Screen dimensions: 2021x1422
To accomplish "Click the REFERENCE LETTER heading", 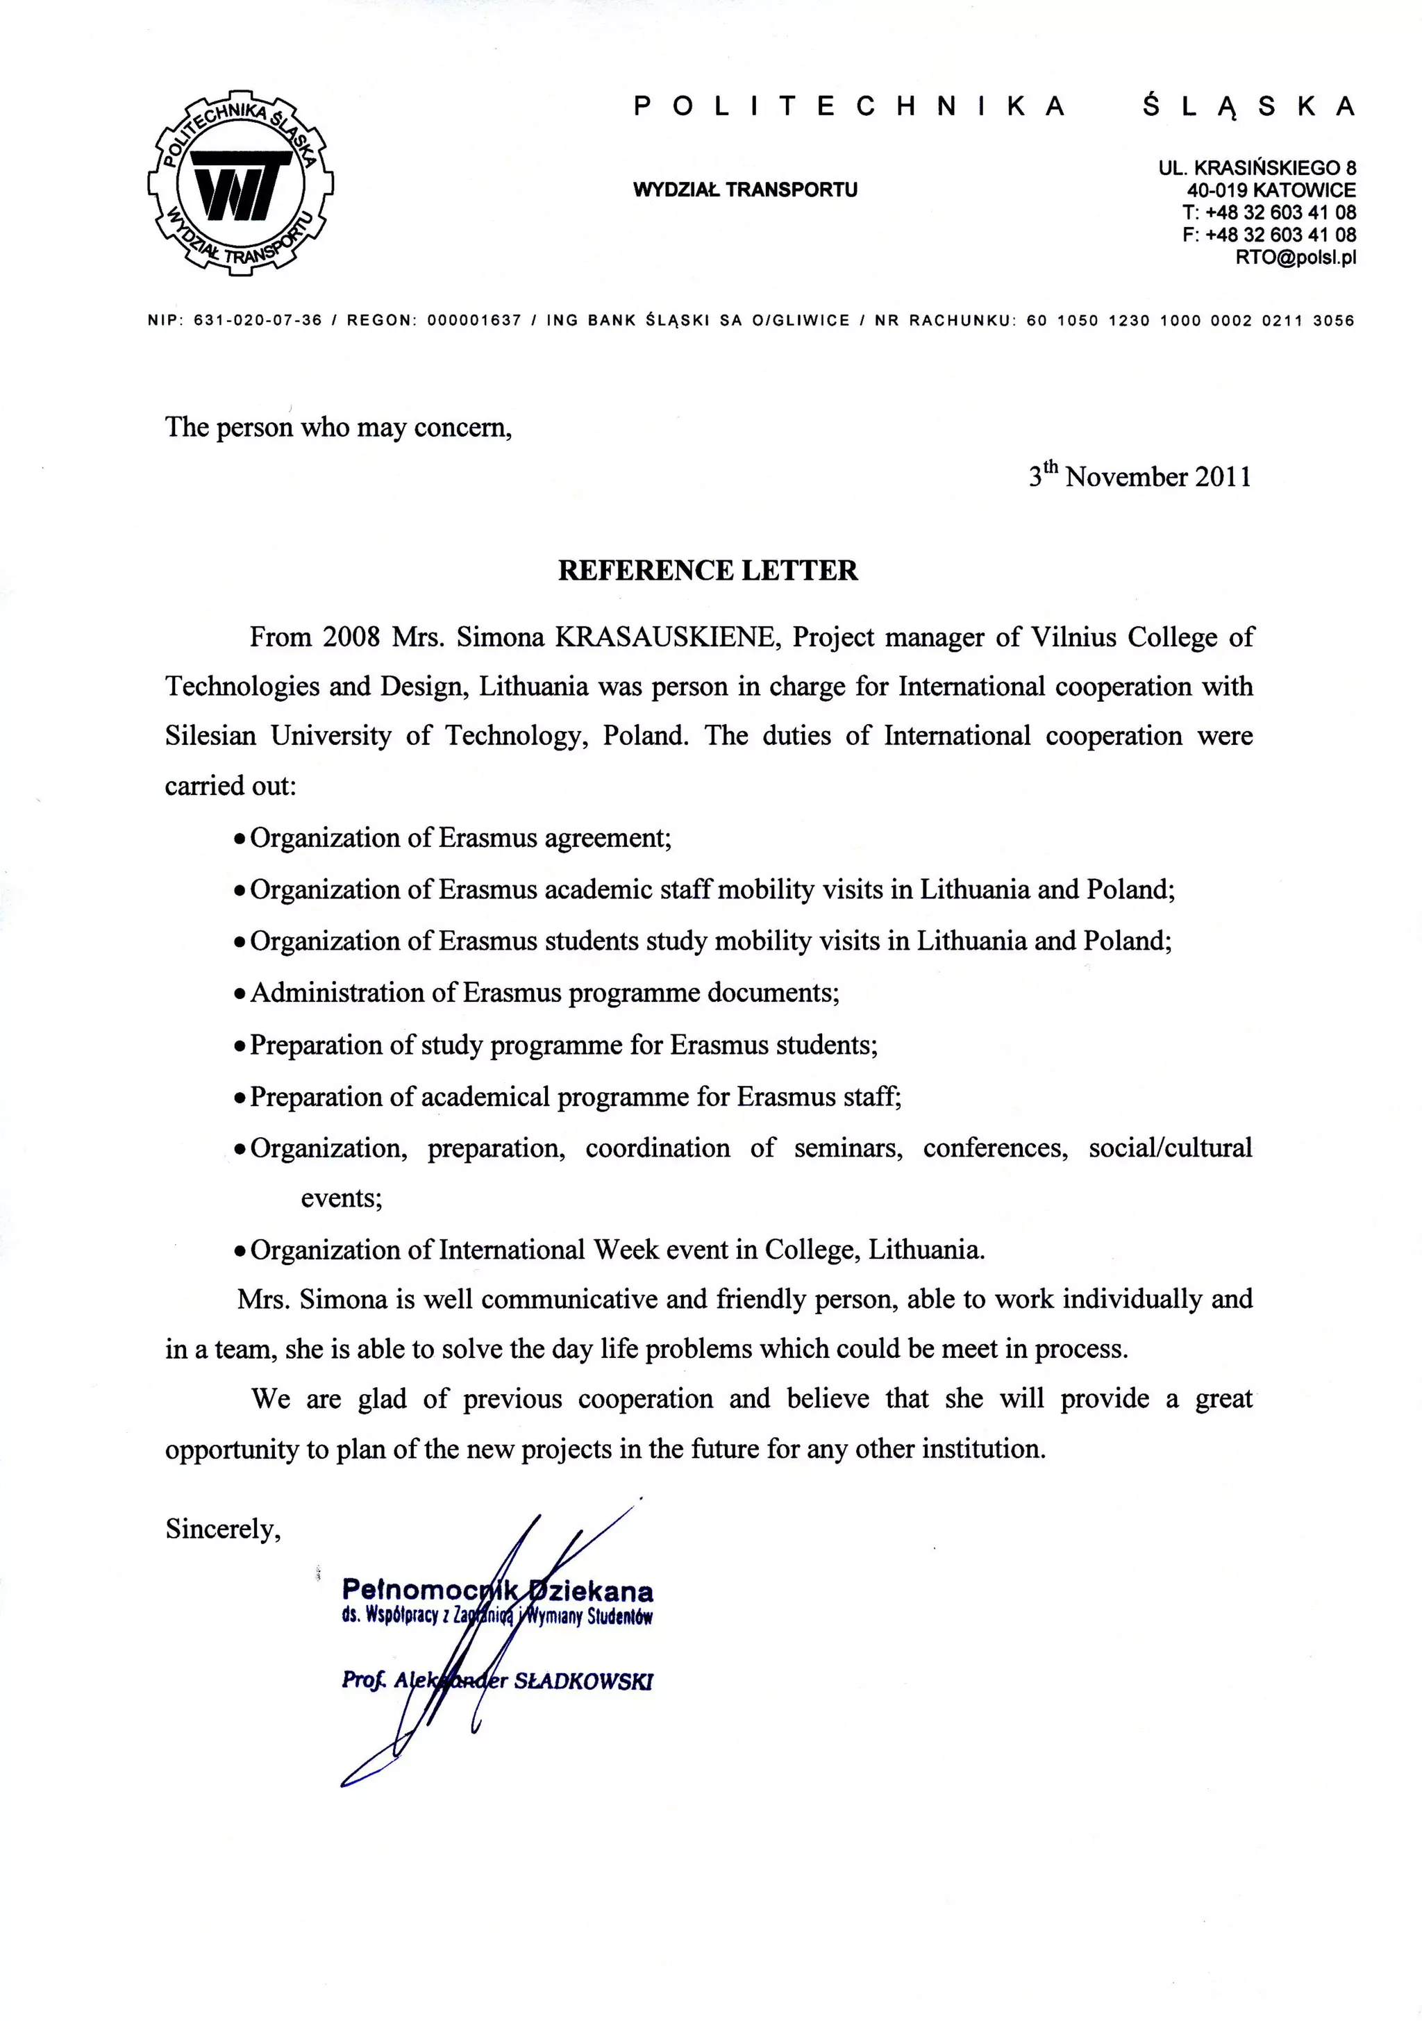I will click(x=708, y=571).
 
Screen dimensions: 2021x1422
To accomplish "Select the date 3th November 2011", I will click(x=1139, y=476).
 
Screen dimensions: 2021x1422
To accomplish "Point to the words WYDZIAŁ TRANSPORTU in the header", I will click(x=745, y=190).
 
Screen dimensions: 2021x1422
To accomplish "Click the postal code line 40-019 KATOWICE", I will click(x=1271, y=190).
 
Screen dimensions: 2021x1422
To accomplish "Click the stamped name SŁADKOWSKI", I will click(x=582, y=1682).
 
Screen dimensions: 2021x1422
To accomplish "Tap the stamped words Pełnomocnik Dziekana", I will click(x=496, y=1591).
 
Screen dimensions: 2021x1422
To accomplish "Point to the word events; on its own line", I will click(x=342, y=1198).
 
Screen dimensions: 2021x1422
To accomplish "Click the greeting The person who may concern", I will click(x=338, y=427).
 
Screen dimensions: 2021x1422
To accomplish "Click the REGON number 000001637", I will click(x=474, y=321).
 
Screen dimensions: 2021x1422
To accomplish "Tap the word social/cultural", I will click(x=1169, y=1148).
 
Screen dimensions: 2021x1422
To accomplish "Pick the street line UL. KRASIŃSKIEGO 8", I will click(x=1257, y=167).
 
